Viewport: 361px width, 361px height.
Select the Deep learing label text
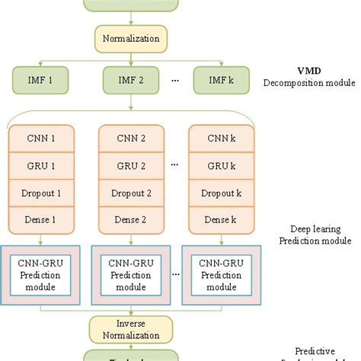[x=312, y=228]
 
